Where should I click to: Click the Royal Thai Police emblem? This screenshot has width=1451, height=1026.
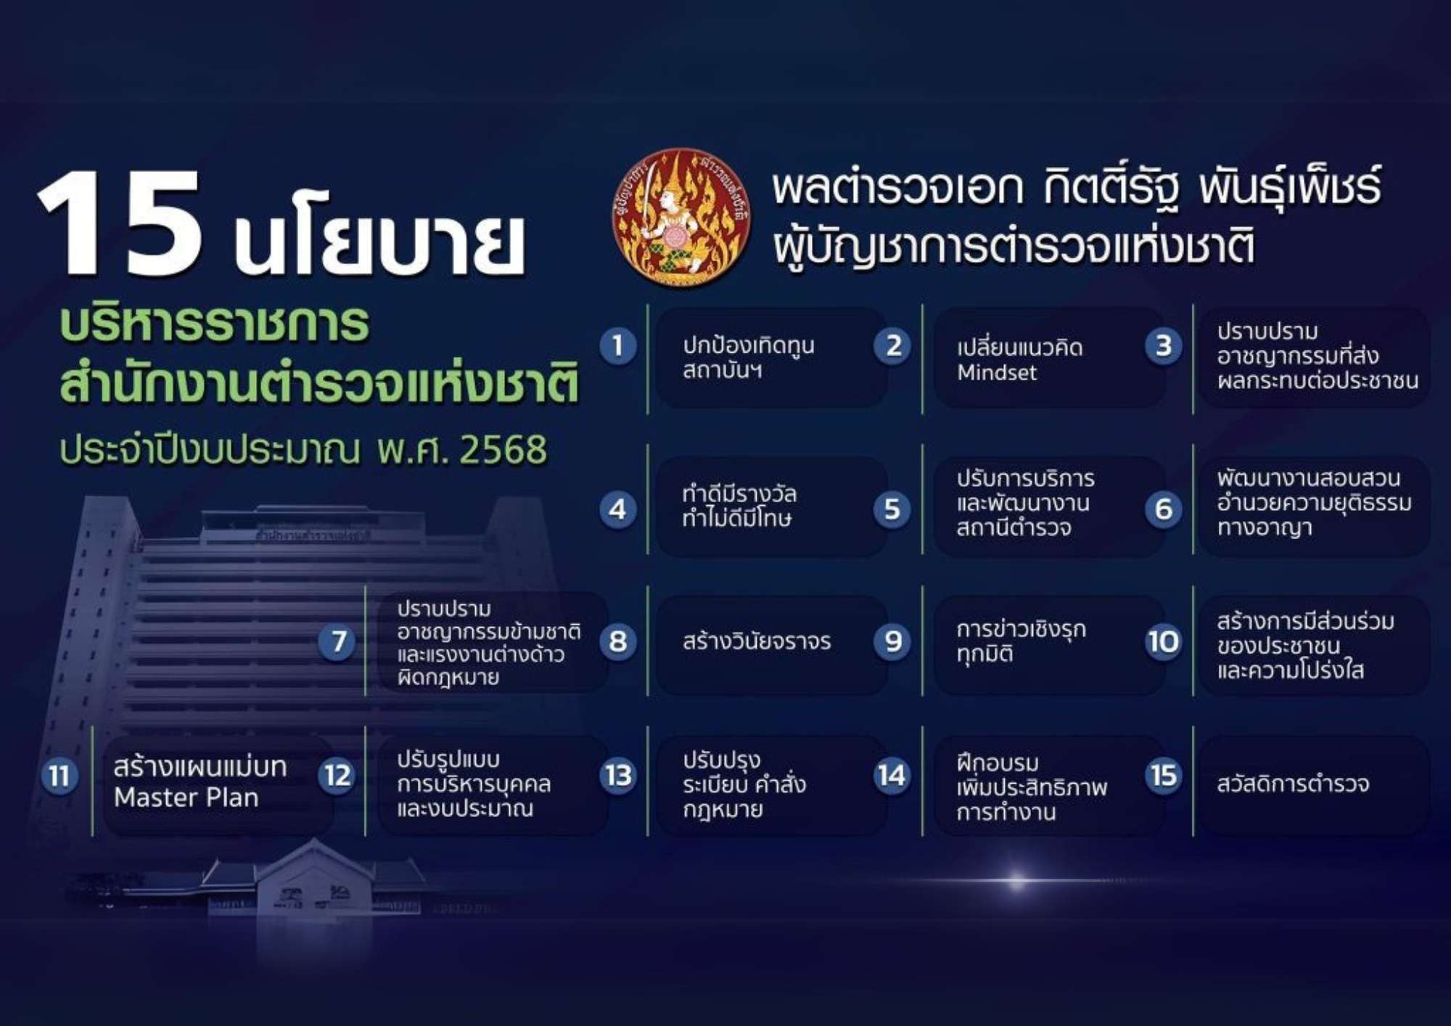681,216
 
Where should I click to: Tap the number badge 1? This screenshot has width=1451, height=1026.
617,345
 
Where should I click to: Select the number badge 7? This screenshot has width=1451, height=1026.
337,641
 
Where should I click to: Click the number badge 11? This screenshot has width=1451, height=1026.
59,776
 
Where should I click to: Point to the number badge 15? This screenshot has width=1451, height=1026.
1164,775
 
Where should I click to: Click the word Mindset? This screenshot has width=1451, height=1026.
997,373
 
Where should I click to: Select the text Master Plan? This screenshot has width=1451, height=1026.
186,797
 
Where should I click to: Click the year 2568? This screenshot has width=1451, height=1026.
503,450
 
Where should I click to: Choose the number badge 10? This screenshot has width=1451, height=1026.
1163,641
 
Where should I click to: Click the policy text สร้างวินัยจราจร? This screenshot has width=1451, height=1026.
757,641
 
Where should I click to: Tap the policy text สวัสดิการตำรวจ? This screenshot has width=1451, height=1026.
1293,784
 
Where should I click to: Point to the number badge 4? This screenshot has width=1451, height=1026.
617,509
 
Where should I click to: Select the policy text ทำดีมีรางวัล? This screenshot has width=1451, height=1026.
739,494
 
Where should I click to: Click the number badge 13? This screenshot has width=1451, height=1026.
617,776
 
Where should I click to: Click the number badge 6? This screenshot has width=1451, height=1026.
1163,509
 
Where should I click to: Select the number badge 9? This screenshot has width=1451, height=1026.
892,641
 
